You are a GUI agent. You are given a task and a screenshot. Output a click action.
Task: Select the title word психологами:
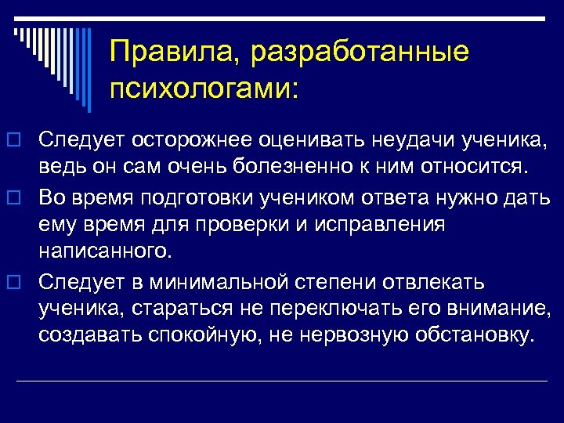click(204, 88)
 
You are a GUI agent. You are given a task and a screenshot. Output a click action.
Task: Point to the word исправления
click(377, 224)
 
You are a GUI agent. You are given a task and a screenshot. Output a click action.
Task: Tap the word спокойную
click(209, 335)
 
